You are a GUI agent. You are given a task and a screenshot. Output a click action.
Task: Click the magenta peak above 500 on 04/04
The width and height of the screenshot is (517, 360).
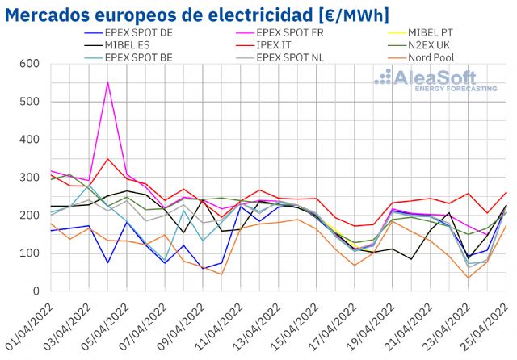tap(107, 82)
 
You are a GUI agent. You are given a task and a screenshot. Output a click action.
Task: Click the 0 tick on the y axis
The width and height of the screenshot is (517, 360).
tap(39, 291)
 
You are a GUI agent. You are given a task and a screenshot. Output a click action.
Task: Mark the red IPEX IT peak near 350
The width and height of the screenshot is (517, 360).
tap(107, 159)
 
